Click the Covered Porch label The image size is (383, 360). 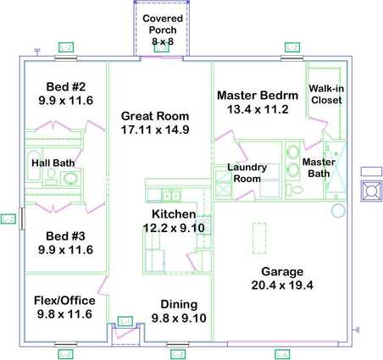[163, 25]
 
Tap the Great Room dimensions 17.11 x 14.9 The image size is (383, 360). [155, 130]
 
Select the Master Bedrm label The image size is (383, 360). [258, 96]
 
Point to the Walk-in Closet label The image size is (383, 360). [326, 94]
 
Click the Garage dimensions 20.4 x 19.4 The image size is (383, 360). [282, 285]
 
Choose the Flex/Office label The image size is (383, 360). [64, 301]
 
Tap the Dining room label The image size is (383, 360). [179, 304]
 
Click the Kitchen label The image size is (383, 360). [174, 214]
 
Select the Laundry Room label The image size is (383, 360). [247, 173]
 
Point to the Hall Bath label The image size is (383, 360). [53, 163]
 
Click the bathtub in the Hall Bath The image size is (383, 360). [34, 165]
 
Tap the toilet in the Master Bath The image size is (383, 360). [295, 190]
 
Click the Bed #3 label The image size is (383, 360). [65, 236]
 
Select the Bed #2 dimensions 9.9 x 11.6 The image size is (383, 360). [66, 101]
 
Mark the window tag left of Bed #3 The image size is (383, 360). [8, 219]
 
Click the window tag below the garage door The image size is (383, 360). [282, 354]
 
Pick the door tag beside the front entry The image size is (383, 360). [125, 321]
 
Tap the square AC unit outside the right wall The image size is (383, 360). [370, 191]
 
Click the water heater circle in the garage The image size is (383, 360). [338, 210]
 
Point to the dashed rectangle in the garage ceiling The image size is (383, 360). [259, 238]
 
